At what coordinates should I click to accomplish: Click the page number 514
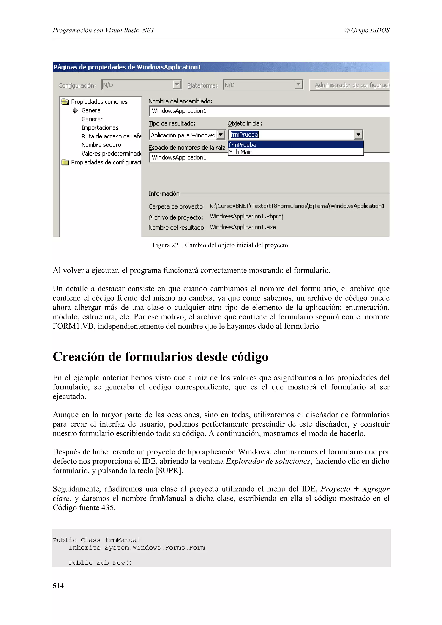coord(58,586)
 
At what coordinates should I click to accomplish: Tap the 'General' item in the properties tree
coord(92,110)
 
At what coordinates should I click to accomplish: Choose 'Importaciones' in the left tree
coord(100,128)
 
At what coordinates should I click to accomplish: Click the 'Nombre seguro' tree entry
coord(101,145)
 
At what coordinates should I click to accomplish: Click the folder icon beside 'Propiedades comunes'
coord(65,102)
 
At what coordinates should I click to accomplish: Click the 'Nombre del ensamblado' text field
coord(268,111)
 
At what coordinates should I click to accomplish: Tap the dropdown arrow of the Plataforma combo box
coord(298,85)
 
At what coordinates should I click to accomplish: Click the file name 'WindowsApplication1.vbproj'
coord(246,216)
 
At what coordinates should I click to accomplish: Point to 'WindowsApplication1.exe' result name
coord(243,227)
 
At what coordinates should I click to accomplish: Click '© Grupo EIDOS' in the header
coord(367,30)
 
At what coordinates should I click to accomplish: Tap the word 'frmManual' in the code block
coord(123,540)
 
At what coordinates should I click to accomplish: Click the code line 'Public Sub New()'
coord(100,563)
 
